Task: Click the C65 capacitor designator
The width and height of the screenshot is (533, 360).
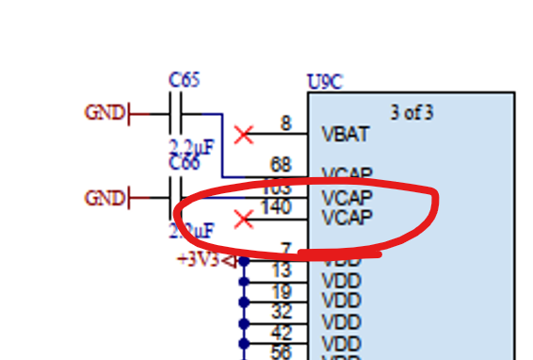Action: pos(184,80)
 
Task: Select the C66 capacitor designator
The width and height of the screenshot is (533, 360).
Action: pos(184,163)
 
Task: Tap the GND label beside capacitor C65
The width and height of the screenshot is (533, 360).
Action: pos(105,113)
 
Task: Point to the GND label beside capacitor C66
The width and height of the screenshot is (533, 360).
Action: pos(105,198)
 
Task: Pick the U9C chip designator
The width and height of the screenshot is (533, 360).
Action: pos(325,83)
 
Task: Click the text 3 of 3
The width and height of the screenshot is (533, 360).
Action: pos(412,113)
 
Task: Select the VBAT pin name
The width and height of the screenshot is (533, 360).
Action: pos(345,134)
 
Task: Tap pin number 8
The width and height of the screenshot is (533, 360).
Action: pos(285,123)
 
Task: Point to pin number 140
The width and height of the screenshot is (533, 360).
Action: pos(276,207)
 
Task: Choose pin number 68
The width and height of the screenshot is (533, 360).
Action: pos(281,166)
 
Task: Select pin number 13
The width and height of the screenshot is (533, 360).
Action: pos(282,271)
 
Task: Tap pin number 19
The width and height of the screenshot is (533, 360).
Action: pos(282,291)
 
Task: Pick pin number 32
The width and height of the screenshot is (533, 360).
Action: pos(282,312)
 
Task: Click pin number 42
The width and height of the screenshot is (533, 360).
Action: pos(282,332)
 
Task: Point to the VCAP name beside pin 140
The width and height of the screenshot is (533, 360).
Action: pos(347,218)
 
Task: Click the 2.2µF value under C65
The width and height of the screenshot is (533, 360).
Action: pos(191,146)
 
